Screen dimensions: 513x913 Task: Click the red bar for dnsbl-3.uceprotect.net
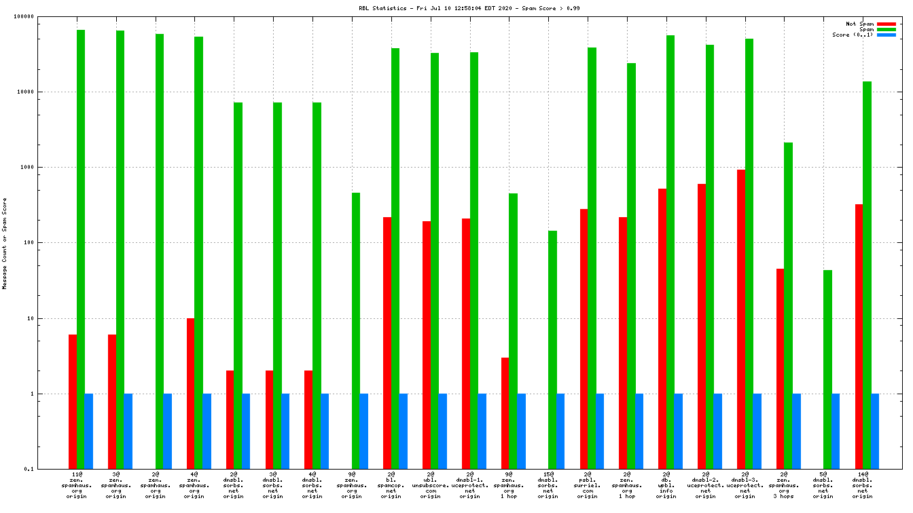pyautogui.click(x=741, y=319)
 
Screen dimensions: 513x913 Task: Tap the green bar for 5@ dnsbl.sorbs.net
pyautogui.click(x=827, y=369)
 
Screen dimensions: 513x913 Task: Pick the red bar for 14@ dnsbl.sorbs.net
pyautogui.click(x=859, y=336)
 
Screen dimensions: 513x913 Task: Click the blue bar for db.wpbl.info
pyautogui.click(x=678, y=431)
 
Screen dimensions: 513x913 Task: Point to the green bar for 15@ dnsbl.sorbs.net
pyautogui.click(x=552, y=349)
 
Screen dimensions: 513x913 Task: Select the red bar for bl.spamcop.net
pyautogui.click(x=387, y=343)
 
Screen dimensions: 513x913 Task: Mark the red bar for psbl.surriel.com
pyautogui.click(x=584, y=339)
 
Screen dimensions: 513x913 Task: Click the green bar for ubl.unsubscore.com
pyautogui.click(x=435, y=261)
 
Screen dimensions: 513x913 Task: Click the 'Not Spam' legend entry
pyautogui.click(x=860, y=24)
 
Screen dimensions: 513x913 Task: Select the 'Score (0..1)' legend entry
pyautogui.click(x=853, y=35)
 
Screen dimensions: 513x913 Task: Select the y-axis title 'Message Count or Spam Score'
pyautogui.click(x=5, y=243)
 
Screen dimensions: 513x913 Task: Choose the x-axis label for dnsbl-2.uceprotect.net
pyautogui.click(x=706, y=485)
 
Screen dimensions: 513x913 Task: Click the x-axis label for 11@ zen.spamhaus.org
pyautogui.click(x=77, y=485)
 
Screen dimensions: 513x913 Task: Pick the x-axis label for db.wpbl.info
pyautogui.click(x=666, y=485)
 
